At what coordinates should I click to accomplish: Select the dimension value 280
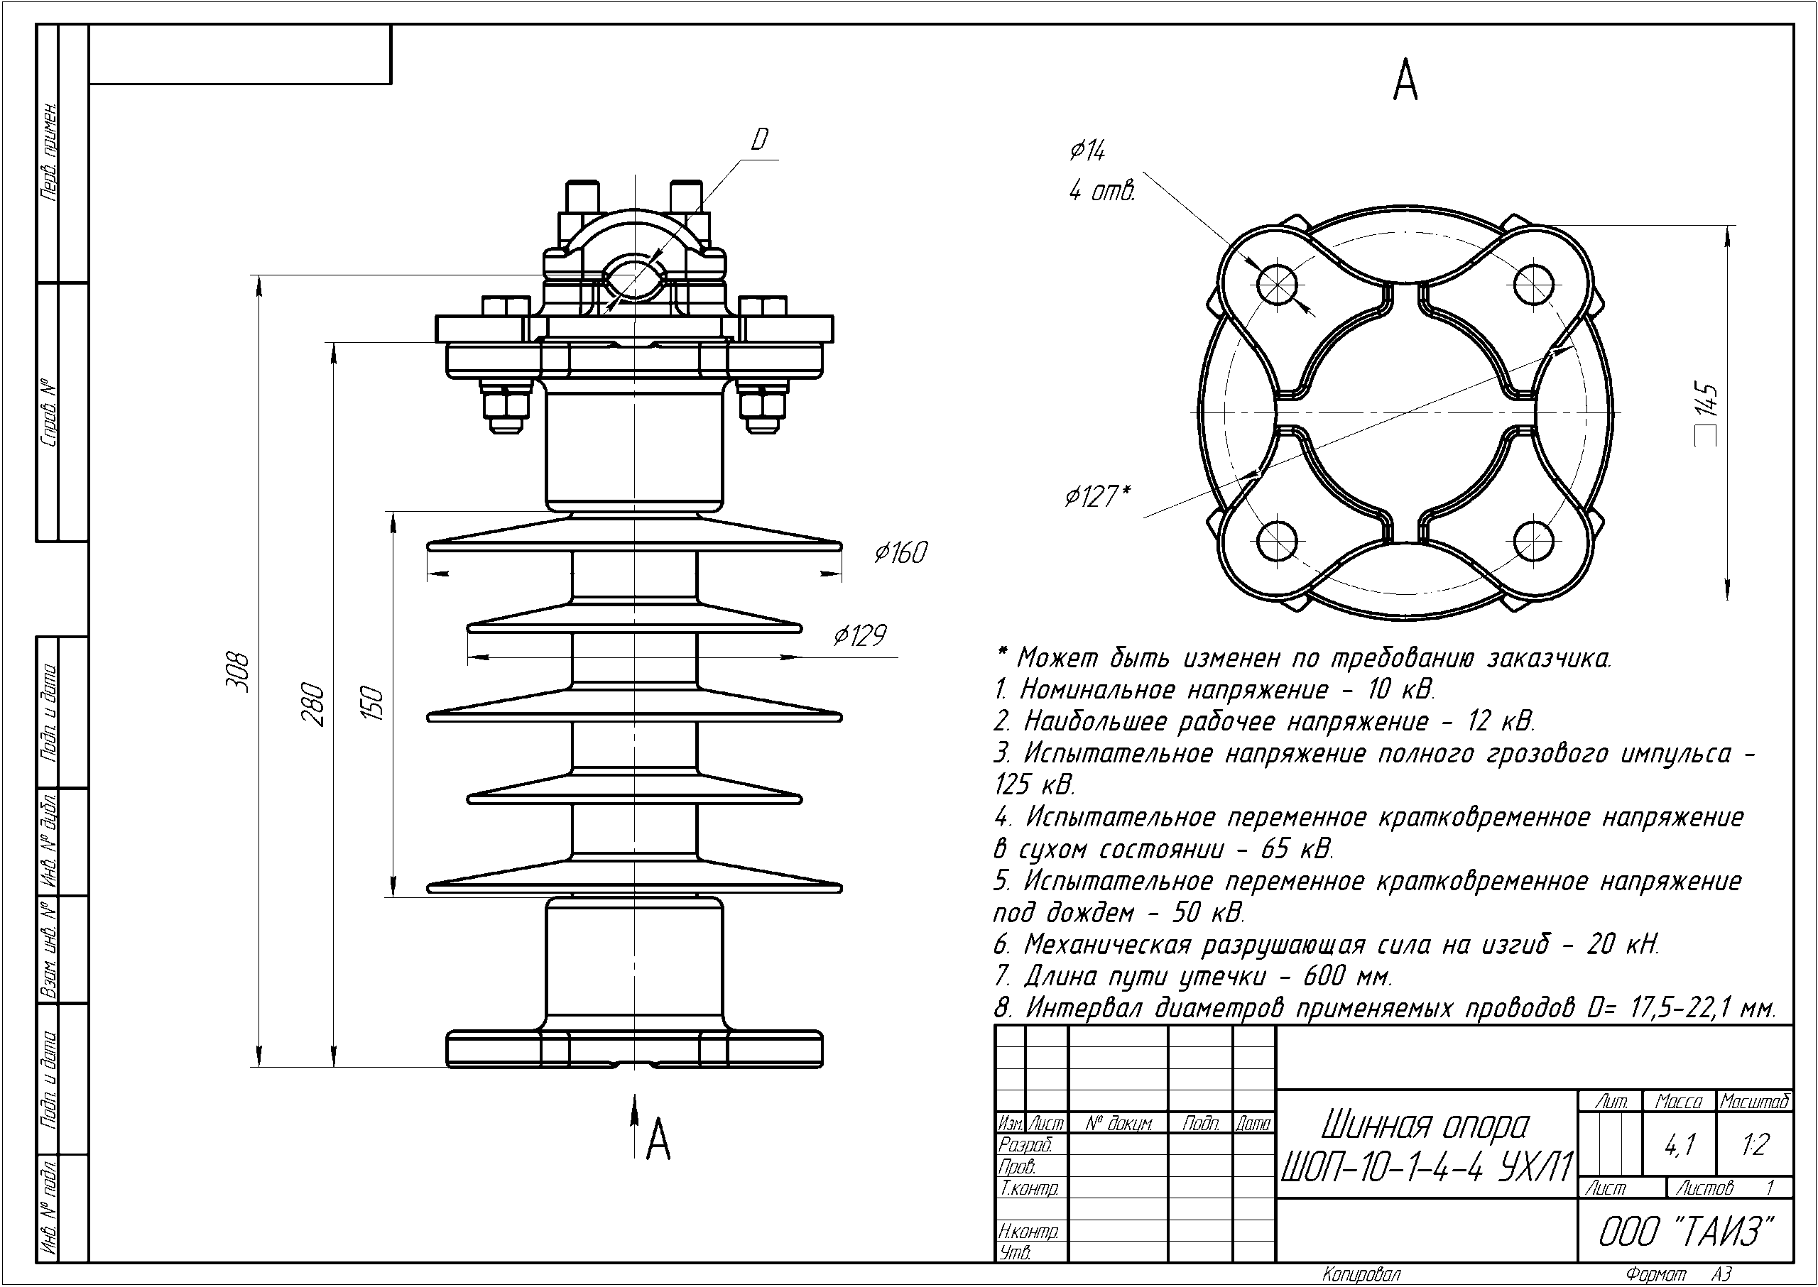coord(313,703)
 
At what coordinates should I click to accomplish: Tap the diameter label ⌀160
coord(900,552)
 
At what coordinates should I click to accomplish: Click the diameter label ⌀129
coord(860,635)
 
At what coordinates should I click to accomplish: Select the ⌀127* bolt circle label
coord(1097,496)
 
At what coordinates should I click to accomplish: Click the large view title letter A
coord(1405,81)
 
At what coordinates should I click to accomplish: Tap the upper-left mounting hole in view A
coord(1276,283)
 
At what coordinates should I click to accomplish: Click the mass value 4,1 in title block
coord(1680,1144)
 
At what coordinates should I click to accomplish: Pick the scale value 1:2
coord(1755,1144)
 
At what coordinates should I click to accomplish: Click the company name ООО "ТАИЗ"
coord(1684,1232)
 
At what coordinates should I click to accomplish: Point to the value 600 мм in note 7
coord(1347,975)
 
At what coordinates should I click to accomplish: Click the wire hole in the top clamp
coord(633,278)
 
